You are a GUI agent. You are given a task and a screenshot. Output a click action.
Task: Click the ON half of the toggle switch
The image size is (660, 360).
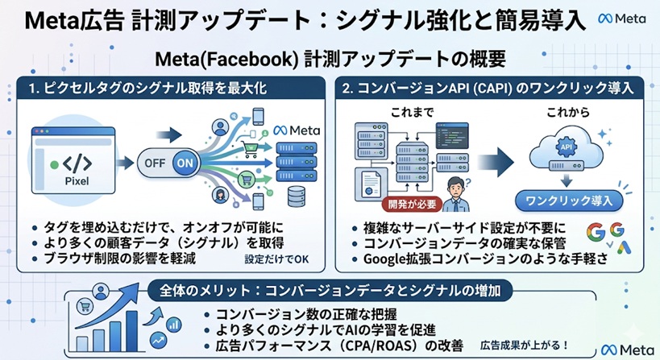pyautogui.click(x=184, y=162)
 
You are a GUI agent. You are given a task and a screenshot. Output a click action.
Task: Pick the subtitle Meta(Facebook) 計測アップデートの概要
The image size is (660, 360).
pyautogui.click(x=330, y=59)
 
